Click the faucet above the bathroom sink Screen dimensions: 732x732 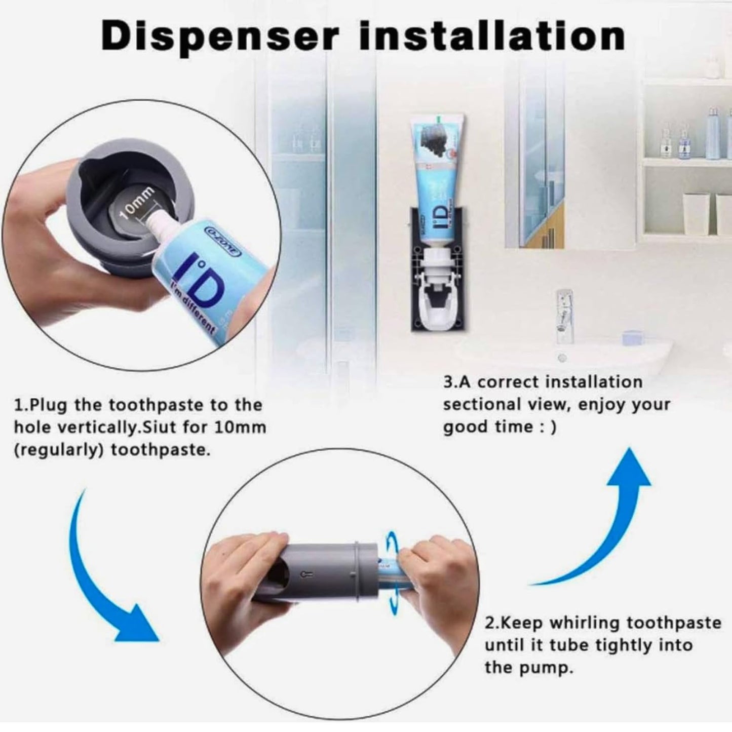pyautogui.click(x=563, y=309)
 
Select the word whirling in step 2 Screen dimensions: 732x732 pyautogui.click(x=586, y=623)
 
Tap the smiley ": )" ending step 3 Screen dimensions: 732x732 pyautogui.click(x=549, y=427)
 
